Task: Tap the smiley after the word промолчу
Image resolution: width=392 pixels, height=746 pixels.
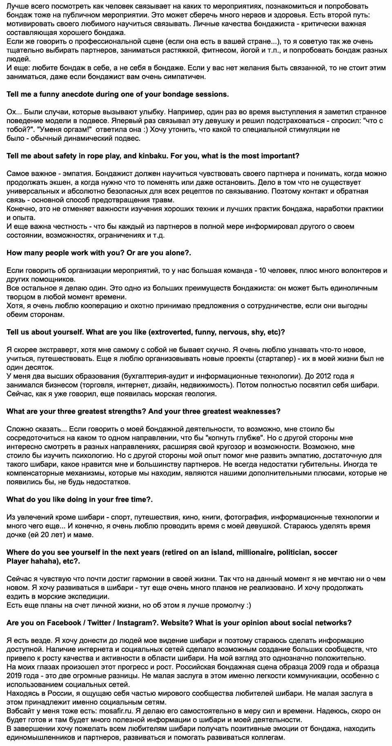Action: (248, 605)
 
